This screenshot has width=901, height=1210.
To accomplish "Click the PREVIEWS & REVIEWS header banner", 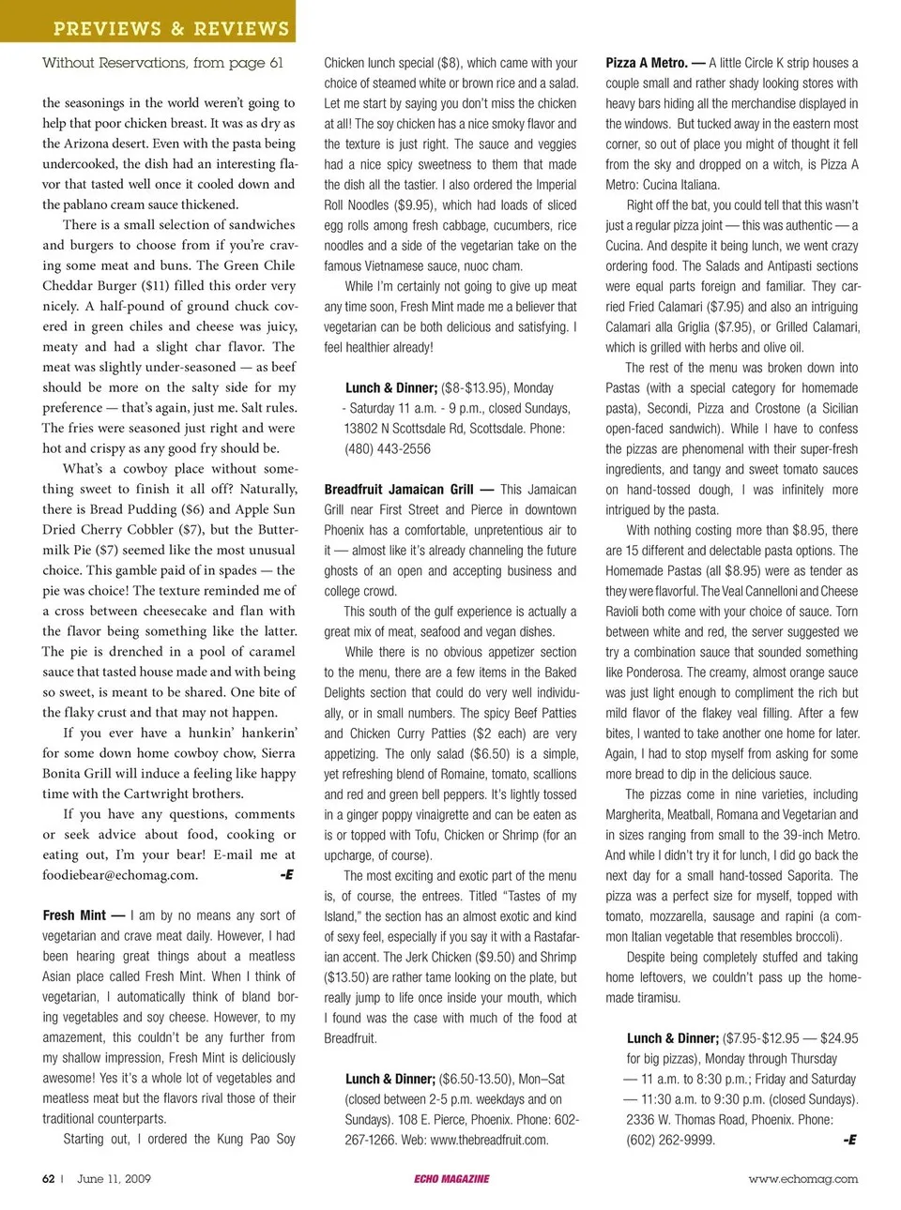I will tap(171, 28).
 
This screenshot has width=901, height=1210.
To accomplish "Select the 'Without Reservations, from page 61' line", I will tap(162, 63).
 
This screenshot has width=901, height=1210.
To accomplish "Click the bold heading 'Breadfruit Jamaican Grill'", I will tap(399, 489).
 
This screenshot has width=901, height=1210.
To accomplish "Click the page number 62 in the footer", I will tap(48, 1179).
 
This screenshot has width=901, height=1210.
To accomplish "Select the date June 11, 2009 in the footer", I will tap(114, 1179).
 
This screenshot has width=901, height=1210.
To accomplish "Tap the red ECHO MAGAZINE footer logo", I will tap(451, 1179).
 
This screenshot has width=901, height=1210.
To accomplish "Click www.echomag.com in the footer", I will tap(802, 1179).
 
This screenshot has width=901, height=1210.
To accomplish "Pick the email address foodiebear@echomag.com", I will tap(119, 874).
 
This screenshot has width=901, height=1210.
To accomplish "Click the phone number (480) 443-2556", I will tap(388, 448).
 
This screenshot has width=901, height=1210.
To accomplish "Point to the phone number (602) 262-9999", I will tap(670, 1140).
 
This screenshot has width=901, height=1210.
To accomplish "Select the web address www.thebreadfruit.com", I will tap(489, 1140).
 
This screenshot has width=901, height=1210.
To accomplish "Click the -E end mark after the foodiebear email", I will tap(286, 874).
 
